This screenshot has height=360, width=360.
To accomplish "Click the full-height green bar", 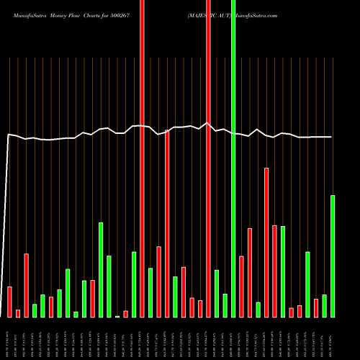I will pyautogui.click(x=233, y=158).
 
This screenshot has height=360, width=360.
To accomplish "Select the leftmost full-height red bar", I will pyautogui.click(x=142, y=158).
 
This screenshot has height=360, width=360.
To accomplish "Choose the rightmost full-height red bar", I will pyautogui.click(x=208, y=158).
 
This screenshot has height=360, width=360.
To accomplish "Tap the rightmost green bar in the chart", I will pyautogui.click(x=333, y=256).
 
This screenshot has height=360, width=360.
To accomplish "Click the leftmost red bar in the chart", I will pyautogui.click(x=9, y=302).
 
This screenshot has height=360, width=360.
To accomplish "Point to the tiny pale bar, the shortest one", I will pyautogui.click(x=117, y=316).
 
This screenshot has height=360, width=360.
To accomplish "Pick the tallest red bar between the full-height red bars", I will pyautogui.click(x=167, y=223).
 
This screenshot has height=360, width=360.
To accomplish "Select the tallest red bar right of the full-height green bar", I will pyautogui.click(x=266, y=242).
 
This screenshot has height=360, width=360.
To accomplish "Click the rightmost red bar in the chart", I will pyautogui.click(x=316, y=308).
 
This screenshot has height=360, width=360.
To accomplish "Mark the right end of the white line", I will pyautogui.click(x=332, y=137).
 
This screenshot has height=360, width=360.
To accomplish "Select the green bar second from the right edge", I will pyautogui.click(x=324, y=306).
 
